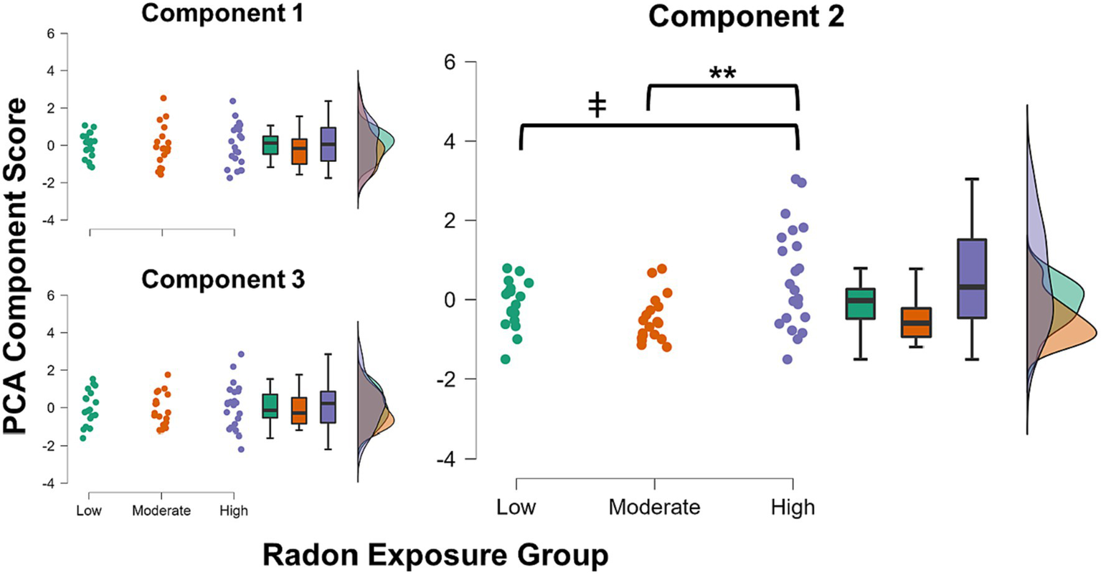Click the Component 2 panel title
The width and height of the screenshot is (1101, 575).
(x=746, y=18)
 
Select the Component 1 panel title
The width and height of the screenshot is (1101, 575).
(x=222, y=13)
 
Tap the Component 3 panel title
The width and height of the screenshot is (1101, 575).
(x=222, y=279)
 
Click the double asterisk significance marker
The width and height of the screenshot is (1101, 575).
(x=722, y=74)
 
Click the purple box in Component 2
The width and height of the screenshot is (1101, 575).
(x=972, y=278)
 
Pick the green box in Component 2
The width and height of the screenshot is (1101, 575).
(x=859, y=303)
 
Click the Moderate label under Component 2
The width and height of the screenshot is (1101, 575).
(x=654, y=508)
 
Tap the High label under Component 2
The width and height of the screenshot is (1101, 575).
(x=793, y=508)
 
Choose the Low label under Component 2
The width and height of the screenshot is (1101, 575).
(x=516, y=508)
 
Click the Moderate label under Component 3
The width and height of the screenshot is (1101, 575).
(x=161, y=511)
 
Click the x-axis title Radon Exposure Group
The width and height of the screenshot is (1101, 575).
(x=435, y=555)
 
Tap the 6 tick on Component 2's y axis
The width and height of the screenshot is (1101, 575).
(x=450, y=62)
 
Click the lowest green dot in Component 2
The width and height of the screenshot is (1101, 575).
(x=506, y=359)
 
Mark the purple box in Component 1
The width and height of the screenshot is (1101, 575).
(x=328, y=144)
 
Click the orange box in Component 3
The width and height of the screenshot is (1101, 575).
(x=299, y=410)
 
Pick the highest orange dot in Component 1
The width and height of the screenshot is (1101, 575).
(x=164, y=98)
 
